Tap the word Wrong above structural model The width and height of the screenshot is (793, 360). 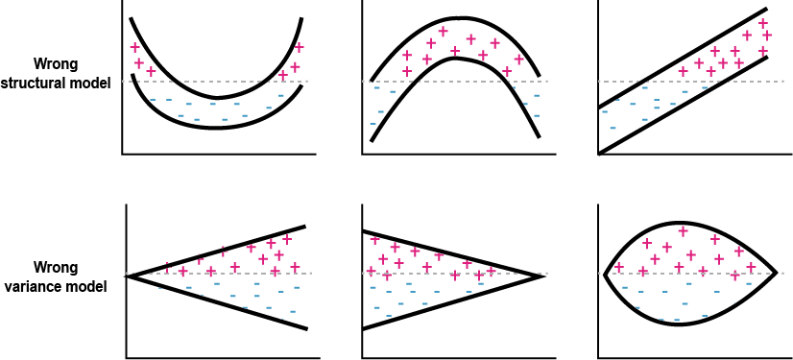[56, 65]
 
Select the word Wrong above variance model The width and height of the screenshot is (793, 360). [56, 267]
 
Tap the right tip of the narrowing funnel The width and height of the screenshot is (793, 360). [544, 276]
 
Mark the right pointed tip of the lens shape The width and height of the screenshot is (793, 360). [776, 275]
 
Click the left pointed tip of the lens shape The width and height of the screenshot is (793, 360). [602, 275]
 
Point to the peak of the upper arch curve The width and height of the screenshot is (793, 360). [462, 17]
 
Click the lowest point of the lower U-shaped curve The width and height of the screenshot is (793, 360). [216, 127]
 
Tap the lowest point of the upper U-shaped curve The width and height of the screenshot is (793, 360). [217, 98]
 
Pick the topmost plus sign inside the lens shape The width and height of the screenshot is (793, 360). [683, 230]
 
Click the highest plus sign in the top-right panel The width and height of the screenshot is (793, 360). [763, 24]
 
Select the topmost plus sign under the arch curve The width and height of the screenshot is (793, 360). [443, 32]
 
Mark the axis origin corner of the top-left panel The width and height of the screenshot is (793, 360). [123, 153]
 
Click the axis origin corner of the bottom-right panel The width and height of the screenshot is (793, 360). [597, 357]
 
